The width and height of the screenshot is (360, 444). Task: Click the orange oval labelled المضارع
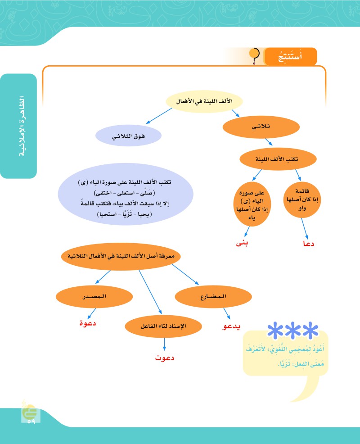coord(212,297)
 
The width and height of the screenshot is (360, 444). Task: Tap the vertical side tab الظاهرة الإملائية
coord(19,126)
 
